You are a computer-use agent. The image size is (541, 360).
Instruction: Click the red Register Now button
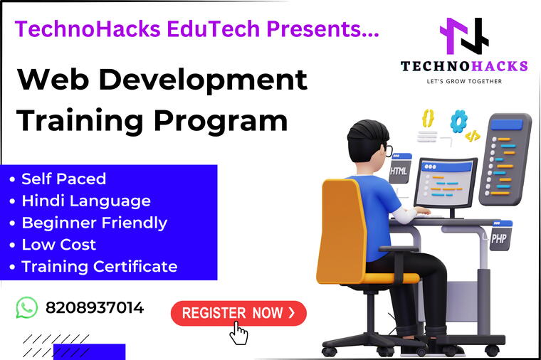click(238, 313)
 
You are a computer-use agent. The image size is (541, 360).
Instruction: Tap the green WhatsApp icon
click(26, 307)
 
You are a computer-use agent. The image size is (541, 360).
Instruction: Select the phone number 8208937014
click(95, 307)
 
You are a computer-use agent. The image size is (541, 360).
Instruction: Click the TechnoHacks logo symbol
click(463, 36)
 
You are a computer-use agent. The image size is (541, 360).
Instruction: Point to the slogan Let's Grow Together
click(464, 81)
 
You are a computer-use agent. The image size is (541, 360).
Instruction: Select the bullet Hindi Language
click(86, 201)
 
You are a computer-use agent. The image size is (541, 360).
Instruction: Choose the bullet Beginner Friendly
click(95, 223)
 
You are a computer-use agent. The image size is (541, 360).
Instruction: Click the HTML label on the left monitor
click(399, 171)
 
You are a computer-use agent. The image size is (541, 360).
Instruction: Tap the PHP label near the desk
click(499, 238)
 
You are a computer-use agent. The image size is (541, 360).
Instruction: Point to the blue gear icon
click(458, 118)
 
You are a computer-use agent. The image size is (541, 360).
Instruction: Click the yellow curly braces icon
click(428, 117)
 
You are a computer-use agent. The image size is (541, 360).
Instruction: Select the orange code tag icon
click(472, 135)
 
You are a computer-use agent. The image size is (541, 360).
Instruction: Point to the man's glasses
click(387, 150)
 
